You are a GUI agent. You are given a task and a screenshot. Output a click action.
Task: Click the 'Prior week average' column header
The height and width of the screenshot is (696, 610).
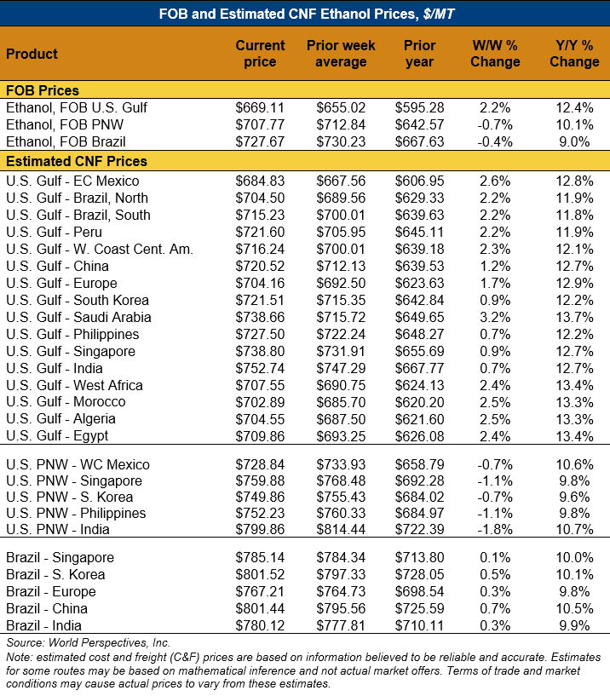pos(341,54)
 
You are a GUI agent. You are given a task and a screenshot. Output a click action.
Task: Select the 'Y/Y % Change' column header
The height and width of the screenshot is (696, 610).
pos(574,54)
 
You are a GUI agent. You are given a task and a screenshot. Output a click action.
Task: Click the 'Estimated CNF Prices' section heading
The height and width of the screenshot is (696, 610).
pos(77,161)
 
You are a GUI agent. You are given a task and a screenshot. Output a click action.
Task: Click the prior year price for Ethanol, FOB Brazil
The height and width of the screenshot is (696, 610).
pos(420,142)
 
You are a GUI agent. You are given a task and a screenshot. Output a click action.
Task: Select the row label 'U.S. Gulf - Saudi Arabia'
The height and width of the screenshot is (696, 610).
pos(78,317)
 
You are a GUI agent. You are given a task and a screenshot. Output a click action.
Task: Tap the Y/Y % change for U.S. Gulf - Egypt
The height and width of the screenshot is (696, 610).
pos(573,436)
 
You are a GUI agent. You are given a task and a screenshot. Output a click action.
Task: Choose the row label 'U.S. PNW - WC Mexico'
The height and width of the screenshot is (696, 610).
pos(78,465)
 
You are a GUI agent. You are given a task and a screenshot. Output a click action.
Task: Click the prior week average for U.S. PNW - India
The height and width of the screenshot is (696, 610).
pos(340,530)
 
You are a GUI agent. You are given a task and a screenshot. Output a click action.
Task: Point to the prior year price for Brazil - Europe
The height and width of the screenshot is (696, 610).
pos(420,592)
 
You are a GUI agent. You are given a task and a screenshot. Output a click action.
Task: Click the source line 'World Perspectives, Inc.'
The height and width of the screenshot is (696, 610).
pos(89,642)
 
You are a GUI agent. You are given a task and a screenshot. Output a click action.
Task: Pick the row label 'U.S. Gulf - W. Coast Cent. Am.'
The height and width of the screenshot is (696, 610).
pos(100,249)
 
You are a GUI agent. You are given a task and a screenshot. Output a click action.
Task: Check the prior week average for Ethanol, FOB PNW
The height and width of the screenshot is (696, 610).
pos(340,125)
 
